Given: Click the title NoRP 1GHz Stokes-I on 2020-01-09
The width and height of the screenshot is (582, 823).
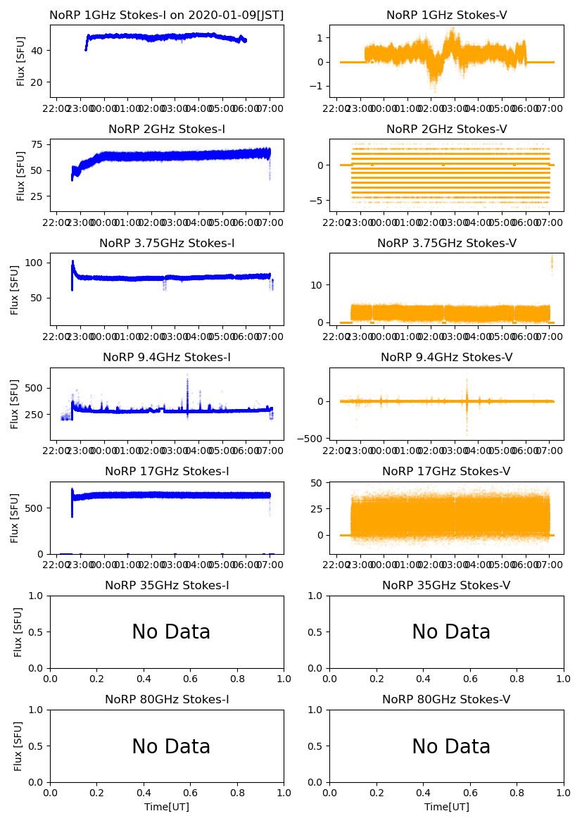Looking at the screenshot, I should (x=166, y=15).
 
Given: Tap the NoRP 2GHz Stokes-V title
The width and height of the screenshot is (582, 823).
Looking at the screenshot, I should (x=446, y=129).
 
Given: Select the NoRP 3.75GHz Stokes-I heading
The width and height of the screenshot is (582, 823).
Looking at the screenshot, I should (x=167, y=243).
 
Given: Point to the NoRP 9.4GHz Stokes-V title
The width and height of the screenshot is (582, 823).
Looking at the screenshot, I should (x=446, y=357).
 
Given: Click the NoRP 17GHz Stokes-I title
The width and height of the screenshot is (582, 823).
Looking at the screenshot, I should (x=167, y=471).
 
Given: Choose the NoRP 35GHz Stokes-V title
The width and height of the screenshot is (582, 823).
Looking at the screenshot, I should (x=446, y=585).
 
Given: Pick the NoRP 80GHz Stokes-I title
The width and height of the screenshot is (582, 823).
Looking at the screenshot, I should (x=167, y=699).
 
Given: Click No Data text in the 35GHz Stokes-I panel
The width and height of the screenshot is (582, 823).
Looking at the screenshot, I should (x=171, y=632).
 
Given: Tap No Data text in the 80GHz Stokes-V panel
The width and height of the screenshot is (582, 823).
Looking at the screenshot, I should (x=450, y=746).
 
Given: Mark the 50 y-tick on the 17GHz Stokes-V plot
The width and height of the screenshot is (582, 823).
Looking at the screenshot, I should (x=319, y=482).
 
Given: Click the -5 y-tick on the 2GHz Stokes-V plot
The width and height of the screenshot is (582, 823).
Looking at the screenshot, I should (x=319, y=201).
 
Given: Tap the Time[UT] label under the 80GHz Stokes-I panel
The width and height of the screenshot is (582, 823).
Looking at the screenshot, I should (x=167, y=807).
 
